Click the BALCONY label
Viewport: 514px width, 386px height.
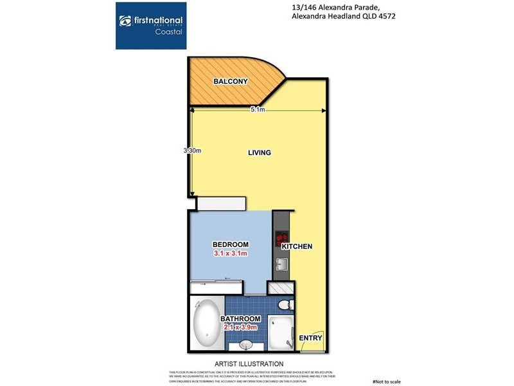point(230,81)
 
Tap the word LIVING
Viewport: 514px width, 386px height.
point(260,152)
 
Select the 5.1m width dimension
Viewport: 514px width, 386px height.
point(258,110)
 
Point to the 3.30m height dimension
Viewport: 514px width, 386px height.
point(192,151)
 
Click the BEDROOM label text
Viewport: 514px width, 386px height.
point(230,244)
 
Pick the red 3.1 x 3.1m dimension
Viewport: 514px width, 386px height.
point(230,254)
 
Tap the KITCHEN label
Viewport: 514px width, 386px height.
point(296,246)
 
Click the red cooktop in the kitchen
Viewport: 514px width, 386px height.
point(281,239)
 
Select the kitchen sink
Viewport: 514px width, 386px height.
point(281,264)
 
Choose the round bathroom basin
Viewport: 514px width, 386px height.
point(248,345)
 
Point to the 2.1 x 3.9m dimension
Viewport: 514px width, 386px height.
point(241,327)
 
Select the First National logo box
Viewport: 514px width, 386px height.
point(151,26)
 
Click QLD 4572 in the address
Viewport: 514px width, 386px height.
point(375,17)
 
